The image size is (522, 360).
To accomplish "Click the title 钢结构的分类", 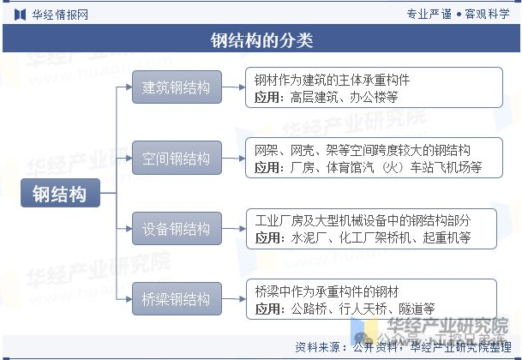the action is click(x=261, y=40).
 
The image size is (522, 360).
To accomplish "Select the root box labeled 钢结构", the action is click(x=60, y=194).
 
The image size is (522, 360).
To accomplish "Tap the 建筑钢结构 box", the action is click(x=176, y=87).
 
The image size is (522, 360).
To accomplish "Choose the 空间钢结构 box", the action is click(x=176, y=159).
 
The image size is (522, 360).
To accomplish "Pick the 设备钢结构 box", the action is click(x=176, y=229).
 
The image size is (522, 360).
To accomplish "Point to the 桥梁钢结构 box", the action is click(x=176, y=299).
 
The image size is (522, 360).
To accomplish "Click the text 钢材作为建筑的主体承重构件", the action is click(x=333, y=80).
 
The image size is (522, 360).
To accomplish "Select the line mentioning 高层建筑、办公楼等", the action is click(x=327, y=97).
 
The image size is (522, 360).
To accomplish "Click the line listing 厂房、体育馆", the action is click(x=369, y=167).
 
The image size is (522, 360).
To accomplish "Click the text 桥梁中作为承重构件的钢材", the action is click(x=327, y=291).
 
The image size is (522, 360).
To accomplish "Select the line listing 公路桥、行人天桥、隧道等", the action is click(x=345, y=309).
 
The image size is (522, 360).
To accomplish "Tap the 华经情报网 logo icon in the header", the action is click(x=19, y=15).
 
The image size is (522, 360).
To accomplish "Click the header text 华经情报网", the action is click(x=59, y=15).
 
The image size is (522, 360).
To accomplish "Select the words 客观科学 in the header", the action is click(x=488, y=15).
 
